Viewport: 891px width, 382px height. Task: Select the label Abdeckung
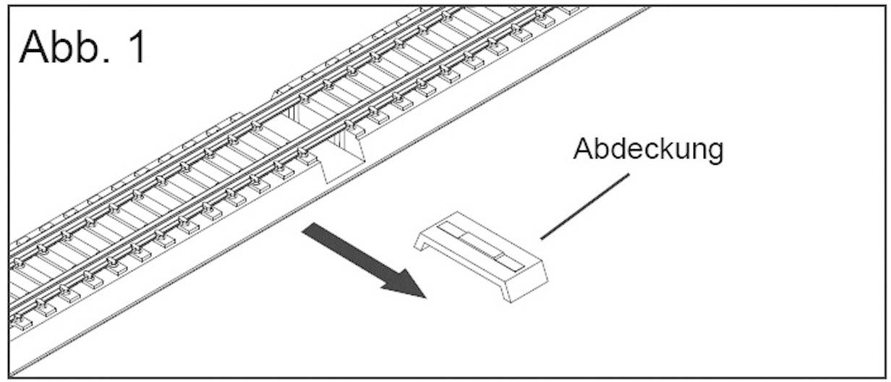[647, 150]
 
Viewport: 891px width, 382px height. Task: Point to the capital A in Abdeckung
[583, 148]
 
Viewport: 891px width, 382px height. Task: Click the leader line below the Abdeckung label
[584, 206]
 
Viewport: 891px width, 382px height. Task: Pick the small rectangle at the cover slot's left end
[449, 230]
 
